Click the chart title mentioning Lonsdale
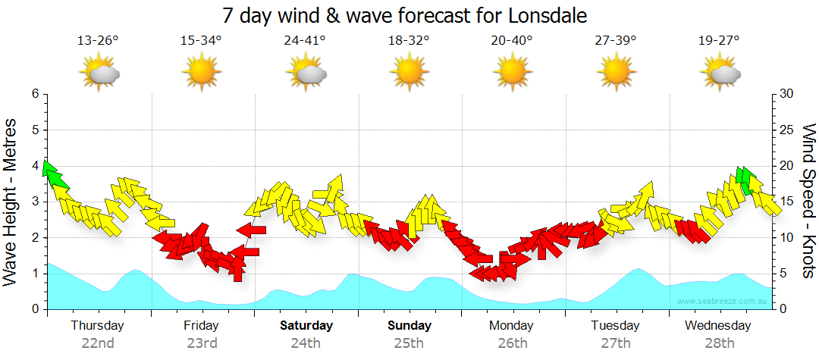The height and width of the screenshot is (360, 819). [x=405, y=15]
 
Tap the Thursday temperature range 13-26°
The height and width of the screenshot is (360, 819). [x=98, y=41]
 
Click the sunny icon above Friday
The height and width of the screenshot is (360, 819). [x=202, y=73]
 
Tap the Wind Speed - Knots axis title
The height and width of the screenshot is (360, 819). [x=807, y=201]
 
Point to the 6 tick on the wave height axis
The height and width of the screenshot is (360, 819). [x=35, y=94]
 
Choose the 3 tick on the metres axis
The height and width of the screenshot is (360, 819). [x=35, y=202]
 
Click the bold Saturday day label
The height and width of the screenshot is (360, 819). [x=306, y=326]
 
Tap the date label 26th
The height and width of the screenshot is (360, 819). [x=513, y=343]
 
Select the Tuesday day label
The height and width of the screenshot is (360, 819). [x=616, y=326]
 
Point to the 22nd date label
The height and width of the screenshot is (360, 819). [x=98, y=343]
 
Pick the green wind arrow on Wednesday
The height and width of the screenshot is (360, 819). [x=746, y=180]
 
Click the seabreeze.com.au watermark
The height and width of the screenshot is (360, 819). [x=723, y=301]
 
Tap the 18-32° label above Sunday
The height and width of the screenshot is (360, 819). [x=409, y=41]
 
